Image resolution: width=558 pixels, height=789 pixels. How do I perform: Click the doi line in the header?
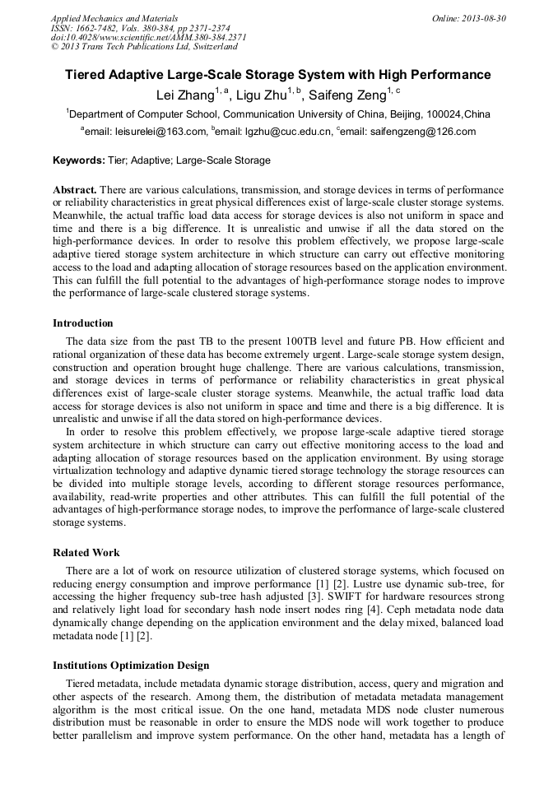click(148, 37)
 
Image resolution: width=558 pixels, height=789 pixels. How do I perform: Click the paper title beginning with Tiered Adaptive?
click(278, 75)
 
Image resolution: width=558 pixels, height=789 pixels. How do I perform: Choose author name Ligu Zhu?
click(261, 95)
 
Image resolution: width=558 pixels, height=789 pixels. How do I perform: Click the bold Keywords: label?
click(78, 160)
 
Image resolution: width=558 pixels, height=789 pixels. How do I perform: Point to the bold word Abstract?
click(75, 189)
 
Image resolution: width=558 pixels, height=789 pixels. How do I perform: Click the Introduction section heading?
click(83, 323)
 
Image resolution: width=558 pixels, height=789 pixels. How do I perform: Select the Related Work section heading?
click(86, 553)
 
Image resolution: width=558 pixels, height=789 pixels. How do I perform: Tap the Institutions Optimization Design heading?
click(131, 665)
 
